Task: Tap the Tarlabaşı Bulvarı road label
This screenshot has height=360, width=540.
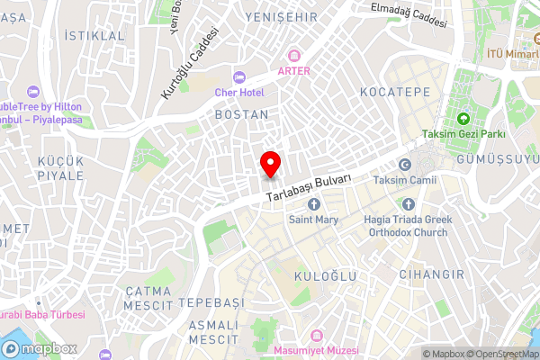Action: [309, 187]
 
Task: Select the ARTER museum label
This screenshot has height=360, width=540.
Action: [293, 70]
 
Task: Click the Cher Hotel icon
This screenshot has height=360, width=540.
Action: [238, 76]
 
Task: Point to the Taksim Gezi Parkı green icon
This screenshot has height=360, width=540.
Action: [464, 118]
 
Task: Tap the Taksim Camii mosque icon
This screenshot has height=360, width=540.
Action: [404, 165]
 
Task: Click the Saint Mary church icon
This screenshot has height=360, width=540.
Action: [314, 203]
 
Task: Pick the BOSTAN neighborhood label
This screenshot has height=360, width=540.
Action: [241, 115]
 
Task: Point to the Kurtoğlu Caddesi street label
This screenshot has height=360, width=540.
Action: [190, 62]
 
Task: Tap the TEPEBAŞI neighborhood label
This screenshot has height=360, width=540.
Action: [211, 301]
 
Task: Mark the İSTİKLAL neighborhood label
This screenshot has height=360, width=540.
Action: [95, 35]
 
